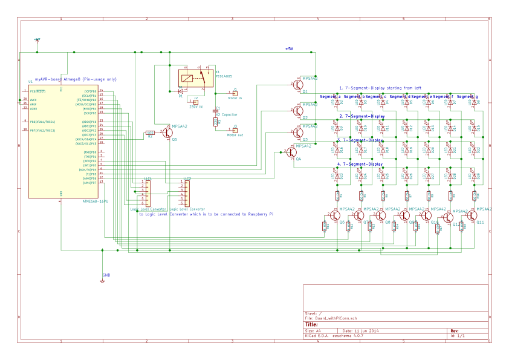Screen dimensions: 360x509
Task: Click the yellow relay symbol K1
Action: tap(195, 78)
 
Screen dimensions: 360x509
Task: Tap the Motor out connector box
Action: tap(235, 130)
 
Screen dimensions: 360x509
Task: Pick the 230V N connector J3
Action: tap(196, 102)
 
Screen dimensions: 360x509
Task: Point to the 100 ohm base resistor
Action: tap(150, 133)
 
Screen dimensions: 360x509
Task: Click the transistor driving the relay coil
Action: tap(167, 133)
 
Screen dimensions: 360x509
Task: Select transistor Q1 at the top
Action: tap(298, 84)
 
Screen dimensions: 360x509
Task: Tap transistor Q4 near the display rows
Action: tap(291, 152)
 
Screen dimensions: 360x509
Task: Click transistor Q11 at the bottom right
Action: tap(472, 215)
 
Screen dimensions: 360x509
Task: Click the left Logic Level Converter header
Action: tap(147, 193)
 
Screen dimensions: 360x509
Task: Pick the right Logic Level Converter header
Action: tap(186, 193)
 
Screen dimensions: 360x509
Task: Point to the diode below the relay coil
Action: tap(181, 91)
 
